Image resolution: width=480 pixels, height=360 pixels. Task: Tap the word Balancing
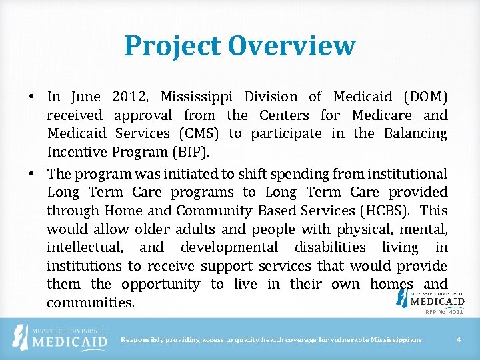click(x=415, y=133)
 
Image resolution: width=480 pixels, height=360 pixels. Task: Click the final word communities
click(x=91, y=303)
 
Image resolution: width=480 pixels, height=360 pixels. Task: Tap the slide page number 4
click(x=459, y=340)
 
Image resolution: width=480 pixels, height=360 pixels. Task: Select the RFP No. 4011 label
click(x=444, y=311)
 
